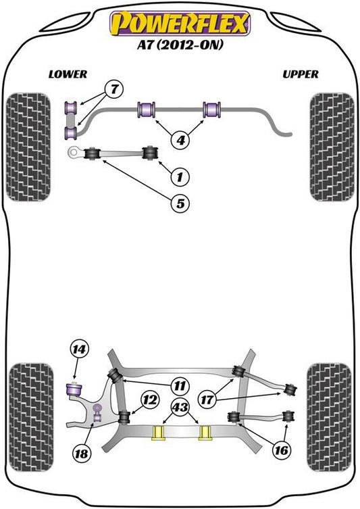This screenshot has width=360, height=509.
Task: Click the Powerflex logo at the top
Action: pyautogui.click(x=180, y=24)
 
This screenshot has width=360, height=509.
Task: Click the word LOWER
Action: pyautogui.click(x=68, y=74)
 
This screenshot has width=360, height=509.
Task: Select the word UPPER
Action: pyautogui.click(x=301, y=74)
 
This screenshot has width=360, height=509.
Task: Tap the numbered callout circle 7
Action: pyautogui.click(x=114, y=89)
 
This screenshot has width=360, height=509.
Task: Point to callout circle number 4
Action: pyautogui.click(x=180, y=140)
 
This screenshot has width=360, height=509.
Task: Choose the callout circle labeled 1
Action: pyautogui.click(x=180, y=177)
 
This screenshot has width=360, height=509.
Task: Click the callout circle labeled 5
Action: pyautogui.click(x=180, y=203)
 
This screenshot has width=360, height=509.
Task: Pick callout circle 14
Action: pyautogui.click(x=79, y=350)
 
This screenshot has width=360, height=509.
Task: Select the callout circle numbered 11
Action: pyautogui.click(x=180, y=386)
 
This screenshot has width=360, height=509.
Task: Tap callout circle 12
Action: pyautogui.click(x=149, y=400)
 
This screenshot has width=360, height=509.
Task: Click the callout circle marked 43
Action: pyautogui.click(x=180, y=407)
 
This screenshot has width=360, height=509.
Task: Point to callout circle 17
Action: pyautogui.click(x=207, y=400)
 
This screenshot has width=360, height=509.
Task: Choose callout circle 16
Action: pyautogui.click(x=281, y=450)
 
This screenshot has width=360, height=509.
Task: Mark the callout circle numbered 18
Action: pyautogui.click(x=81, y=453)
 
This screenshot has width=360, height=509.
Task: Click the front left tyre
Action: pyautogui.click(x=28, y=147)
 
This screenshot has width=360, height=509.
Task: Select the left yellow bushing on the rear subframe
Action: pyautogui.click(x=158, y=433)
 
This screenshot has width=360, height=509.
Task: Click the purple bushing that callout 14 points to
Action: pyautogui.click(x=74, y=389)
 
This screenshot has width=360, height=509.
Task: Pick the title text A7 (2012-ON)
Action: pyautogui.click(x=180, y=45)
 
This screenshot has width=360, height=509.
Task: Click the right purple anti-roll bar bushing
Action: pyautogui.click(x=212, y=110)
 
